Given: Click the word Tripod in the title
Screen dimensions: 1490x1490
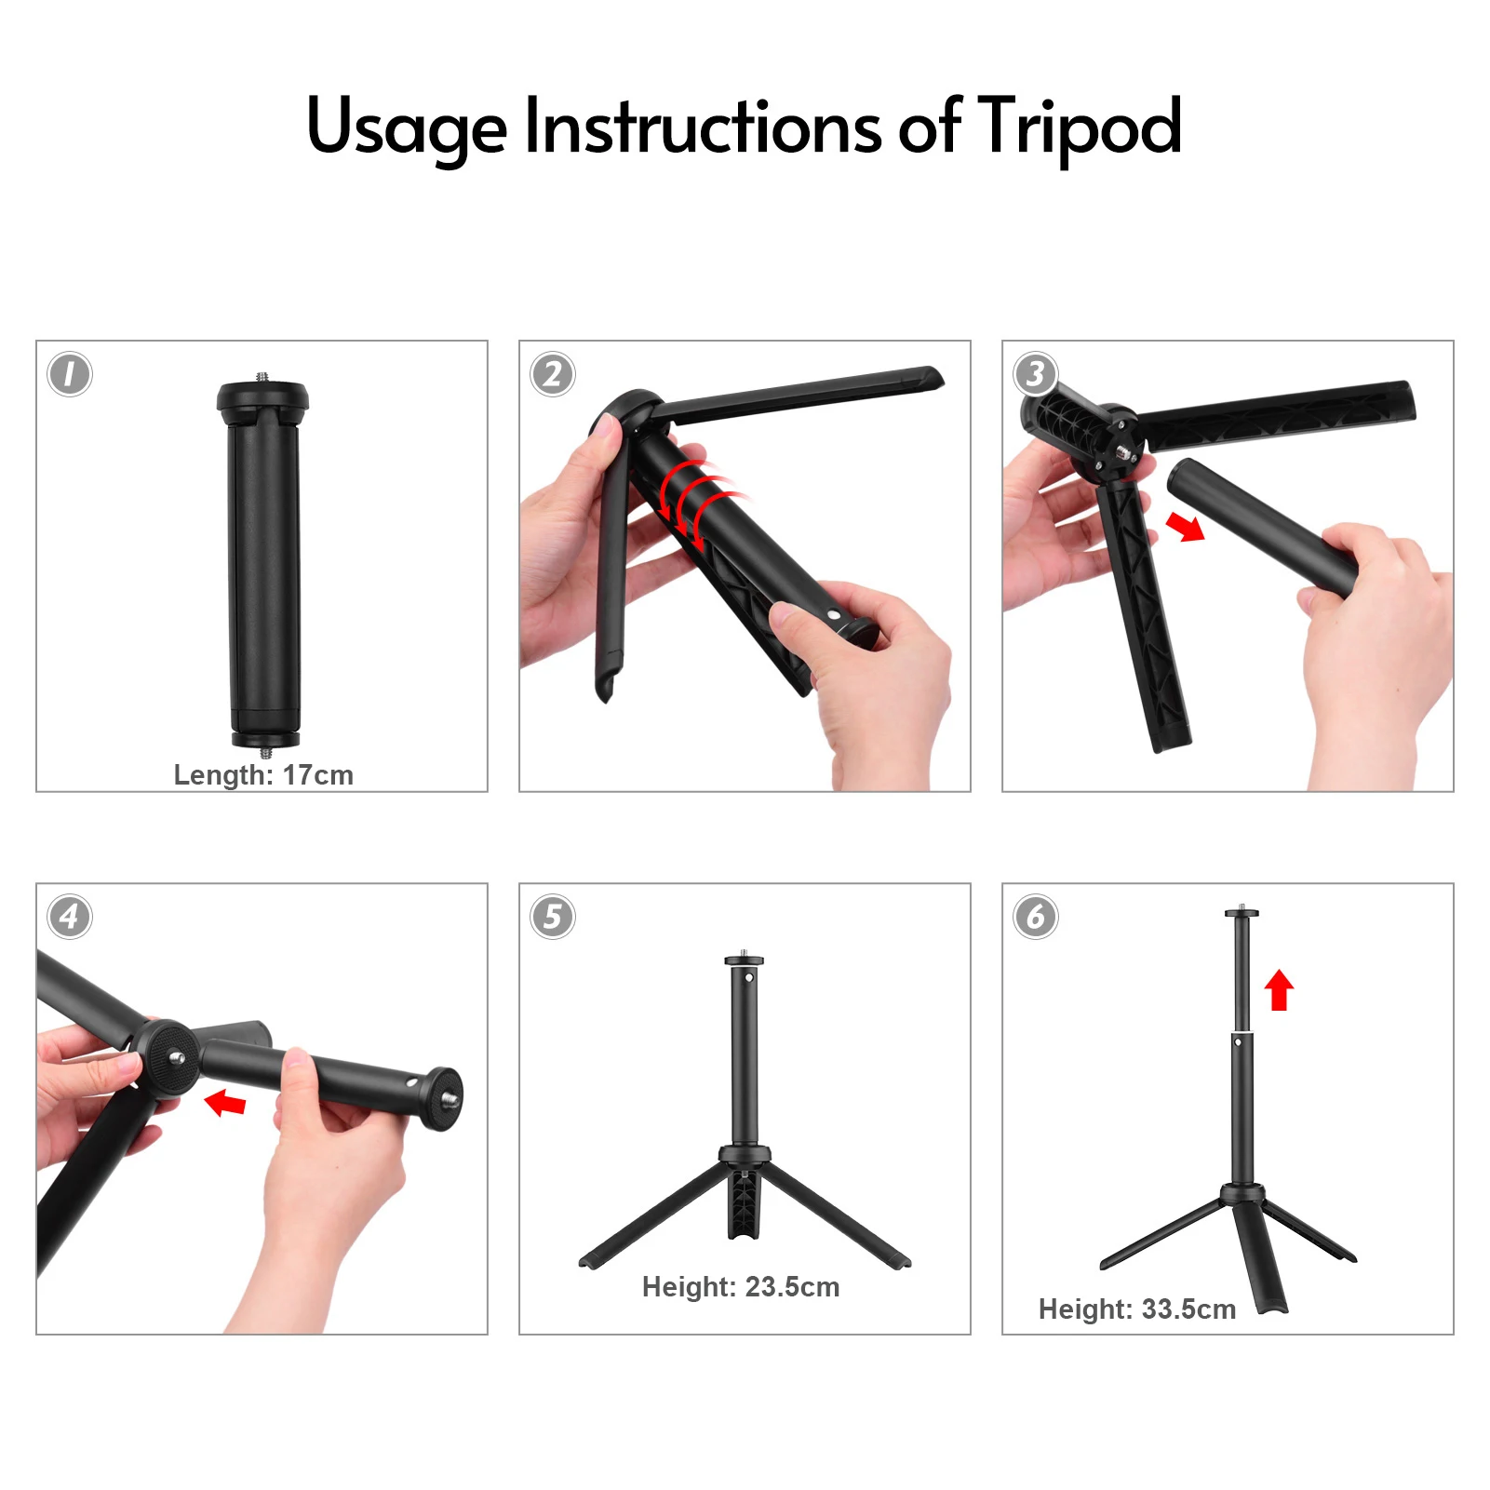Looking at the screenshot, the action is tap(1080, 128).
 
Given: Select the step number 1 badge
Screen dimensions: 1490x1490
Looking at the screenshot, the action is tap(70, 374).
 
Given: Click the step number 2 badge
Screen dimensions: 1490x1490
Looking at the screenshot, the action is tap(553, 374).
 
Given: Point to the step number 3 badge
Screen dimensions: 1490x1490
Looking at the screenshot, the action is tap(1036, 374).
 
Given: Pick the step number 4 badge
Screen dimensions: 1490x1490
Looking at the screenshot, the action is tap(70, 917).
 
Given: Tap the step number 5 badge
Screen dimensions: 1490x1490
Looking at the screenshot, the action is tap(553, 917).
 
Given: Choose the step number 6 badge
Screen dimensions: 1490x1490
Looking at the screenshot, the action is tap(1036, 917).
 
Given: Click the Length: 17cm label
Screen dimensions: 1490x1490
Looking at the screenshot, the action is tap(263, 775).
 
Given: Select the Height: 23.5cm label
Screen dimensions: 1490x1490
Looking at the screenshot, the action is tap(741, 1287).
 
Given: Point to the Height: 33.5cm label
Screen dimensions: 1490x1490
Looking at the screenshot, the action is tap(1137, 1309).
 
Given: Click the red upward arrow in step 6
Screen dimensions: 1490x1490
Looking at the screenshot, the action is tap(1280, 989).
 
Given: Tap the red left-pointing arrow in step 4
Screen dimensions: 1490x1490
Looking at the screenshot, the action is tap(225, 1103).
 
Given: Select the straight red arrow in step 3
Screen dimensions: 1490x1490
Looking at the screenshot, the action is tap(1186, 527).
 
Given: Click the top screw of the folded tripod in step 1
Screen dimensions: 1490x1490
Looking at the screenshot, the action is tap(262, 377).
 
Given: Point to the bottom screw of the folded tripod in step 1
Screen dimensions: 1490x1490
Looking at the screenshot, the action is tap(266, 752).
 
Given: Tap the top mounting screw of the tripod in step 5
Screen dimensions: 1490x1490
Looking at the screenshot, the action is tap(745, 953).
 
